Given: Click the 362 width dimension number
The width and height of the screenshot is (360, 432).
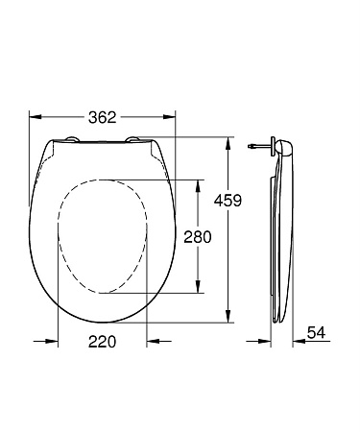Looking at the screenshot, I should click(x=104, y=117).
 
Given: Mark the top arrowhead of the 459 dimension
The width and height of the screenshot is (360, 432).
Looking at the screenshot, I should click(x=228, y=141).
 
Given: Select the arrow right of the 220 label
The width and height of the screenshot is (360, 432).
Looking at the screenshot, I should click(x=151, y=341).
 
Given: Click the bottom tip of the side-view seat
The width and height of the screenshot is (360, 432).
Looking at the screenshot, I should click(x=279, y=321).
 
